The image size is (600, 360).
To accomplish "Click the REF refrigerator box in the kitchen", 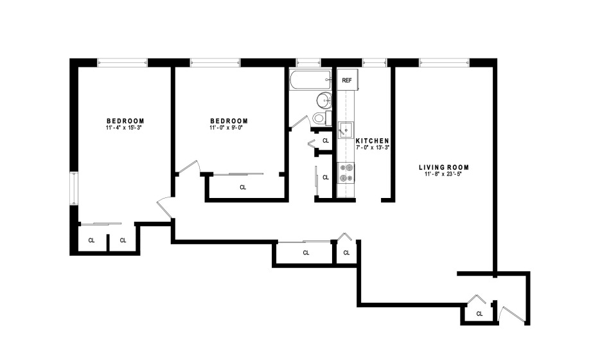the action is pos(347,80).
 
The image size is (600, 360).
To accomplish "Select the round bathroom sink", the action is pos(324,101).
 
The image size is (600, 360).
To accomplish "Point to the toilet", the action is pos(322,118).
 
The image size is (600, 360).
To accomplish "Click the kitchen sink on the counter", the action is pos(346,130).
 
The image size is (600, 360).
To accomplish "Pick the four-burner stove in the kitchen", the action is pos(346,173).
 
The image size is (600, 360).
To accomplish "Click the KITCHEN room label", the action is pos(373,141).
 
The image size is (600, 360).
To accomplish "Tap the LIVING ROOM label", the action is pos(443,167).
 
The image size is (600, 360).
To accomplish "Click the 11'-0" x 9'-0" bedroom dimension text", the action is pos(226,127).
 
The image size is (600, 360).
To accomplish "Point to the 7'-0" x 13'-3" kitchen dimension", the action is pos(373,147).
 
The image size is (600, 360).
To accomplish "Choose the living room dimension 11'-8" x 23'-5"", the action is pos(443,174).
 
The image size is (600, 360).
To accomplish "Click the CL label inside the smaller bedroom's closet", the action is pos(243,187).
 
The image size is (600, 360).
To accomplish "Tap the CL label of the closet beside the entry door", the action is pos(479,314).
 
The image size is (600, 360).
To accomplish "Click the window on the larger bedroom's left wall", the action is pos(73,188).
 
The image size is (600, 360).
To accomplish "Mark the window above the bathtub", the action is pos(308,62).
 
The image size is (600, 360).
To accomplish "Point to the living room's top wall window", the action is pos(445,62).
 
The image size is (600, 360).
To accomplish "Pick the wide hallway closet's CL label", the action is pos(306,253).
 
